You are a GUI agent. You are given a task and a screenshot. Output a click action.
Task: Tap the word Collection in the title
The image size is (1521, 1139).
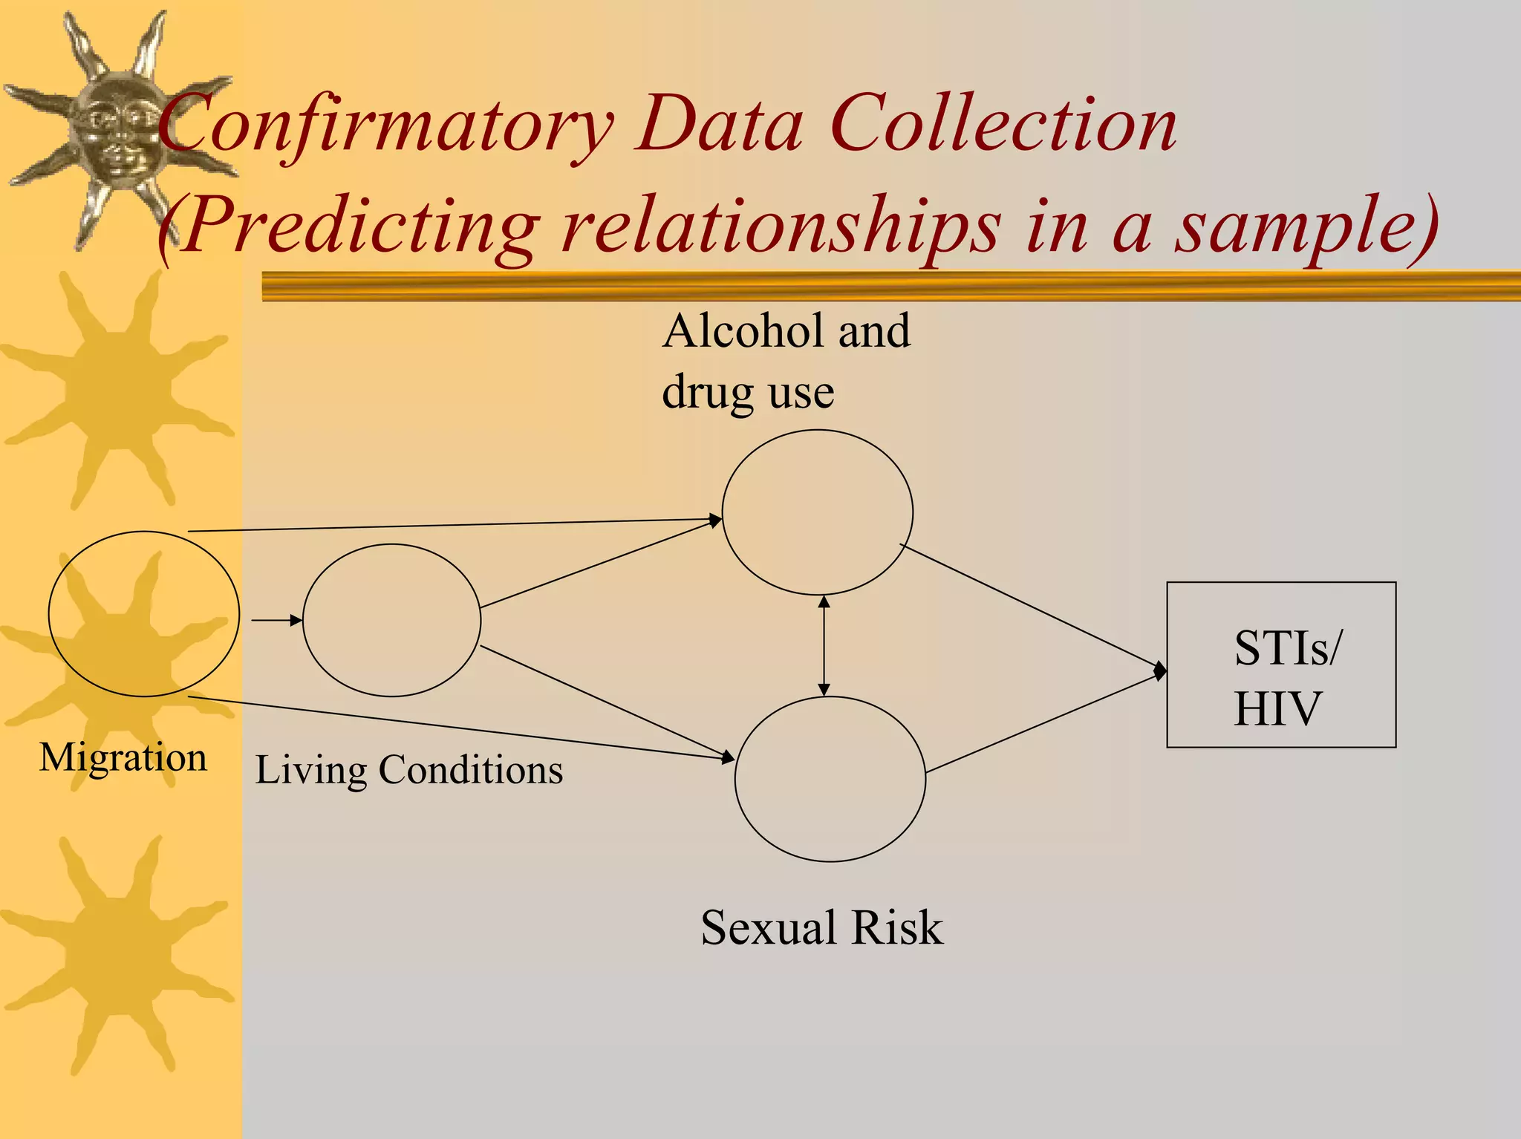pyautogui.click(x=1003, y=125)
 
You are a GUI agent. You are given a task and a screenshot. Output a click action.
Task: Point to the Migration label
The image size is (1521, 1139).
pyautogui.click(x=123, y=758)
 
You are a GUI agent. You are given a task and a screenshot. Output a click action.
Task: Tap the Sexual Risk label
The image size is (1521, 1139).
pyautogui.click(x=821, y=928)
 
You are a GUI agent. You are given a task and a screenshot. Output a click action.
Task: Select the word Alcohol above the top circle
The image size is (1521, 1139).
pyautogui.click(x=743, y=331)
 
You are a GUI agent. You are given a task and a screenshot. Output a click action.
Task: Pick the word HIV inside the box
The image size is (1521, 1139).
pyautogui.click(x=1277, y=709)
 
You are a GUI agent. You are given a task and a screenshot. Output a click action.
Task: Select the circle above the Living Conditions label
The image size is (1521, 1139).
pyautogui.click(x=391, y=620)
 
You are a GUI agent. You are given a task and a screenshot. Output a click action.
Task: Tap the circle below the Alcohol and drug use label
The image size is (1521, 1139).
pyautogui.click(x=817, y=512)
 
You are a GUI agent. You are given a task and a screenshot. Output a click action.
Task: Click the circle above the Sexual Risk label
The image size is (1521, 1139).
pyautogui.click(x=830, y=779)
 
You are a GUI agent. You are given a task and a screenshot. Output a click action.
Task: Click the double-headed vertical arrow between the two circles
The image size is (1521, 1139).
pyautogui.click(x=824, y=646)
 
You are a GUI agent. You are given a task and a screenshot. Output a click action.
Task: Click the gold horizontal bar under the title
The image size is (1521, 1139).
pyautogui.click(x=891, y=286)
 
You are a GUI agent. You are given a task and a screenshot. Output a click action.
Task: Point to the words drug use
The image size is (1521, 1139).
pyautogui.click(x=748, y=393)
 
